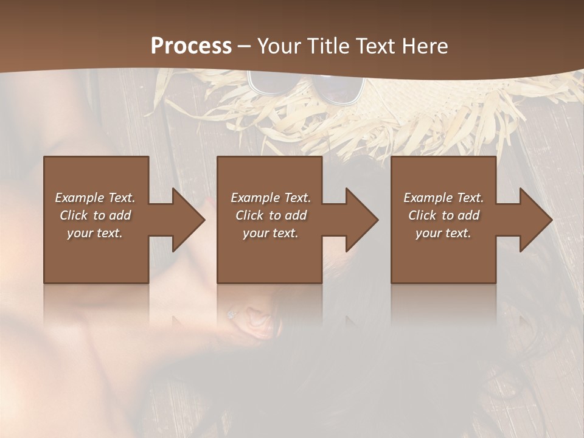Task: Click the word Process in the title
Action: click(191, 46)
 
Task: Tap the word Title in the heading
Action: click(329, 46)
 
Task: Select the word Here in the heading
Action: click(424, 46)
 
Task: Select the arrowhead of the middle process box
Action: click(361, 220)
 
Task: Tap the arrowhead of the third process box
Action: click(535, 220)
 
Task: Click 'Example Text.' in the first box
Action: click(95, 198)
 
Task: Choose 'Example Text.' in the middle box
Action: click(270, 198)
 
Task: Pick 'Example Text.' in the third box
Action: click(443, 198)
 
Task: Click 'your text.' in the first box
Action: click(95, 233)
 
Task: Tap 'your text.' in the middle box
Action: click(270, 233)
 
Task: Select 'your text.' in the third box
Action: click(443, 233)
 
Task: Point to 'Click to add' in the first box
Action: click(95, 215)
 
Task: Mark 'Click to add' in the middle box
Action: click(270, 215)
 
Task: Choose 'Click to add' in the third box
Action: click(443, 215)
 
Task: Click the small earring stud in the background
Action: click(231, 314)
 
